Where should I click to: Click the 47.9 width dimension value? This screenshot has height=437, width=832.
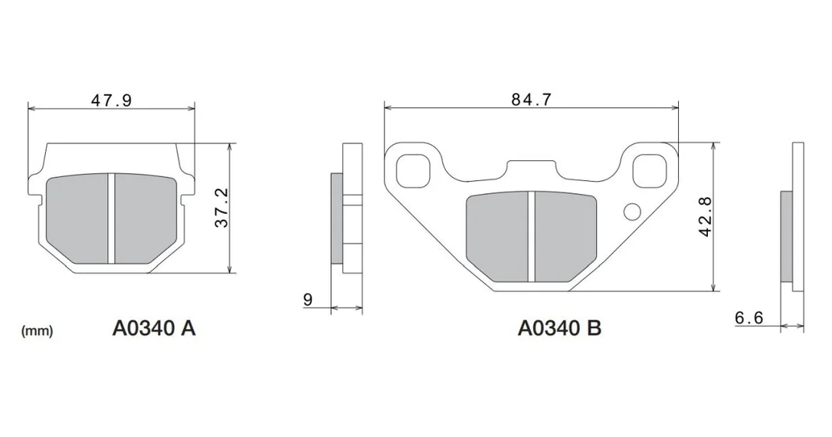[x=111, y=100]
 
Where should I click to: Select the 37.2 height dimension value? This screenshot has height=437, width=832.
[x=222, y=208]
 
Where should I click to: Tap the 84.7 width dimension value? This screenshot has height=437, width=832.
[x=531, y=100]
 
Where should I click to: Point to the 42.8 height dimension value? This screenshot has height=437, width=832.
[x=705, y=217]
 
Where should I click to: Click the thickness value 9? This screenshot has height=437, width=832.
[x=308, y=300]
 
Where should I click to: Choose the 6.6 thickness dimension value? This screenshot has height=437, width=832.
[x=748, y=317]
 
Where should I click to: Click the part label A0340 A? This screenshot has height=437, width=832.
[x=154, y=328]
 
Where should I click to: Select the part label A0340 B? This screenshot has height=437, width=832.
[x=559, y=328]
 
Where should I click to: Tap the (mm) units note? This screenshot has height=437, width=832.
[x=37, y=331]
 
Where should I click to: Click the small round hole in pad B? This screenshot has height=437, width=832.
[x=632, y=212]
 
